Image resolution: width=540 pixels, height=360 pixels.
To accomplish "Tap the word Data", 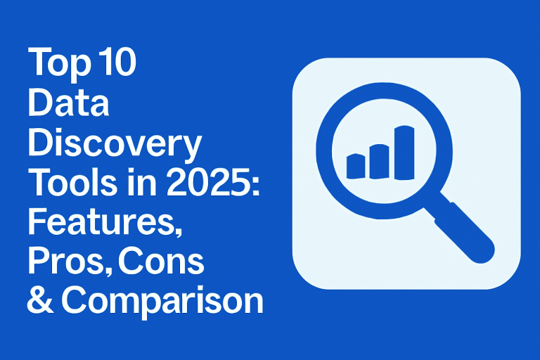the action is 68,102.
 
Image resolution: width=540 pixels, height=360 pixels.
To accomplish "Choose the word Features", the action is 101,221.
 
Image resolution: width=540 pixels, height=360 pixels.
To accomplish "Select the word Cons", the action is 161,261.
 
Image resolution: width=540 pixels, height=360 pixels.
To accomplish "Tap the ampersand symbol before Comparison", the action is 41,300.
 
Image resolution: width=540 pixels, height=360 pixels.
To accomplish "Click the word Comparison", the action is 162,302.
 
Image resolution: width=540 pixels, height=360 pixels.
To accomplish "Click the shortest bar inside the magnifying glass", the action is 356,167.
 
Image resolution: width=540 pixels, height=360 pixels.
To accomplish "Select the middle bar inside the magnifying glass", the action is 380,162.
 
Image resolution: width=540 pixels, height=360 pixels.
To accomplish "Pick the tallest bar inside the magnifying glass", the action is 404,153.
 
